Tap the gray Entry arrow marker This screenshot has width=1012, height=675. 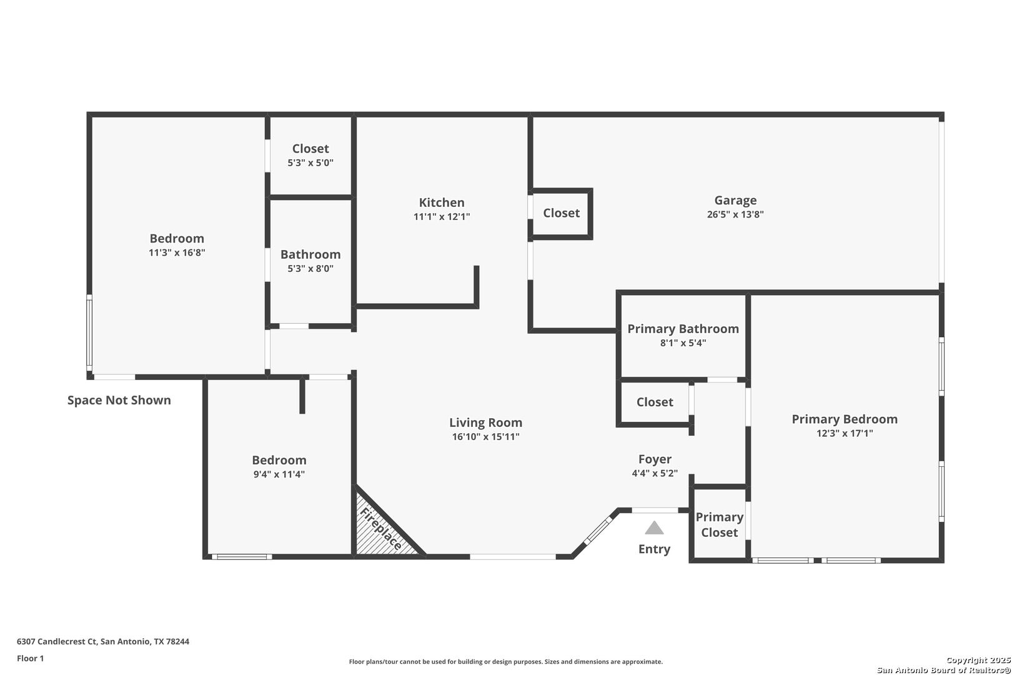point(654,528)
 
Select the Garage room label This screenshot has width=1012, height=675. point(735,200)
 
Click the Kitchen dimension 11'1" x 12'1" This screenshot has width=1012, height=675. point(442,217)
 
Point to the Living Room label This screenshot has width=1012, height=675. point(485,422)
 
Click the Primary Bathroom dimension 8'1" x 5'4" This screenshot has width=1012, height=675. point(683,343)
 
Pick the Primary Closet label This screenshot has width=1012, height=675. point(719,524)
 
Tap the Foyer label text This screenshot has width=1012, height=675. point(655,459)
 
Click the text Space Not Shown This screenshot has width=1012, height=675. point(119,400)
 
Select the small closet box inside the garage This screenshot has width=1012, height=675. point(561,213)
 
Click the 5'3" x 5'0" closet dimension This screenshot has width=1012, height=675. point(310,163)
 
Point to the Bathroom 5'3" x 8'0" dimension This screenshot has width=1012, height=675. point(310,269)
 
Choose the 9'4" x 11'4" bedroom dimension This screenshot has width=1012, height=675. point(279,474)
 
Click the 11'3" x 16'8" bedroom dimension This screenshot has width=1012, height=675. point(177,253)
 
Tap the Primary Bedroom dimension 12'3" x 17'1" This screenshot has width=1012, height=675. point(845,433)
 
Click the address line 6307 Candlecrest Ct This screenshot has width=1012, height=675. point(103,641)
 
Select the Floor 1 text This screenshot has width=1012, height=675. point(31,658)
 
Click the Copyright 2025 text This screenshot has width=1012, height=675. point(978,660)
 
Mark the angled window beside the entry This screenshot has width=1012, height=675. point(598,531)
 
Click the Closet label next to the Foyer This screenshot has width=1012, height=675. point(655,402)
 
